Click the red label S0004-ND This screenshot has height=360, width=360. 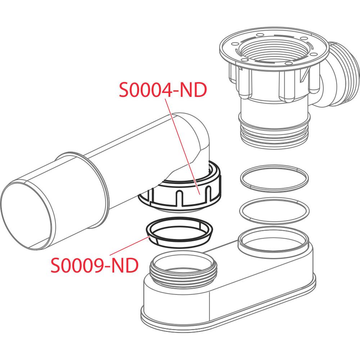[x=163, y=90]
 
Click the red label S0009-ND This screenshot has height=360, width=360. [x=94, y=265]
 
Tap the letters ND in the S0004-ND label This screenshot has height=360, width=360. [x=193, y=90]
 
